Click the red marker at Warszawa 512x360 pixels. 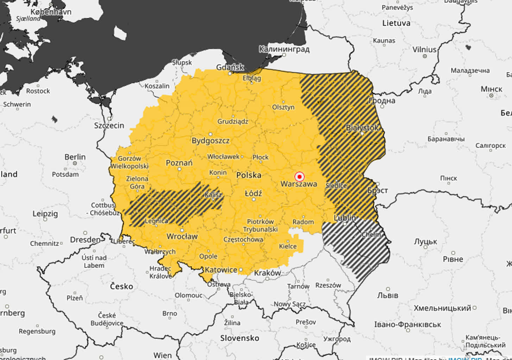coord(299,176)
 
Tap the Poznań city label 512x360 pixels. coord(179,163)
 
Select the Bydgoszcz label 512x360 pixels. coord(210,141)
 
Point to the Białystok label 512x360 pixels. coord(362,128)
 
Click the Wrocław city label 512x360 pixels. coord(182,237)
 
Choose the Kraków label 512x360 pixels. coord(267,273)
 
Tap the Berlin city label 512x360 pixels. coord(75,157)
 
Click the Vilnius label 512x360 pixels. coord(424,50)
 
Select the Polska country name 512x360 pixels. coord(249,175)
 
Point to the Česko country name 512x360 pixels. coord(121,286)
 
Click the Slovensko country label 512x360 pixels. coord(240,338)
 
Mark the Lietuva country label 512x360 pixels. coord(396,23)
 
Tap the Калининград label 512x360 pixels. coord(284,49)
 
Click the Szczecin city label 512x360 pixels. coord(109,126)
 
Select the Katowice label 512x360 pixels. coord(221,270)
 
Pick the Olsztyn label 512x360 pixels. coord(283,107)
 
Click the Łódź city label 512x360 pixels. coord(253,193)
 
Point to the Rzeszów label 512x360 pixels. coord(328,285)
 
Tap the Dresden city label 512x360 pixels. coord(85,240)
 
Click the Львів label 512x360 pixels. coord(387,295)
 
